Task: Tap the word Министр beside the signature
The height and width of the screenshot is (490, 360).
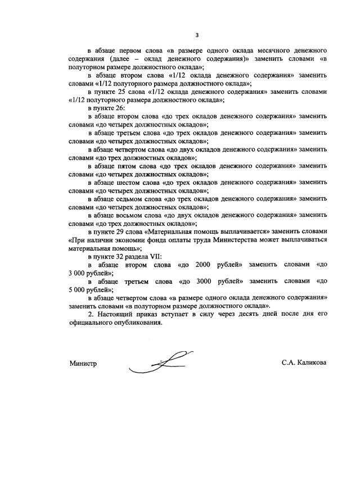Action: click(x=83, y=363)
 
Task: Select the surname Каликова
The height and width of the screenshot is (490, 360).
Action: click(x=312, y=363)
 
